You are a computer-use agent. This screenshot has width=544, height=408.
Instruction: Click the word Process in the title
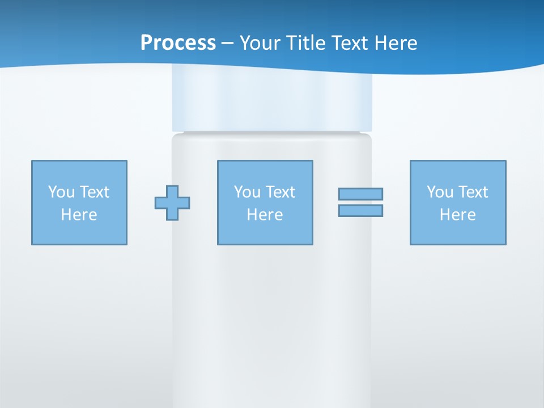[x=178, y=43]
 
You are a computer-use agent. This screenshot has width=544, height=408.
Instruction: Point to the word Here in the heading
[x=397, y=43]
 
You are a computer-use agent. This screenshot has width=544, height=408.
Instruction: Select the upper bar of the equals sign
[x=360, y=194]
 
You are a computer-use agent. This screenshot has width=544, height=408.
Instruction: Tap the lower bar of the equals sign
[x=360, y=210]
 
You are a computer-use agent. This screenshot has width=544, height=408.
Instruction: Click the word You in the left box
[x=61, y=192]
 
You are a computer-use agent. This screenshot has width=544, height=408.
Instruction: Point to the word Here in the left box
[x=79, y=215]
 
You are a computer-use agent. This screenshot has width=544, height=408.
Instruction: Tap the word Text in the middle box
[x=280, y=192]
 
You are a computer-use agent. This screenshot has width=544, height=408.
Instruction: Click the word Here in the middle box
[x=265, y=215]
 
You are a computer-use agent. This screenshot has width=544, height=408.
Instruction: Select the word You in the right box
[x=440, y=192]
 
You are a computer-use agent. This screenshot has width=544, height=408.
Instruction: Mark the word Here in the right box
[x=458, y=215]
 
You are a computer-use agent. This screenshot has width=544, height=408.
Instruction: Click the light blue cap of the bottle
[x=272, y=102]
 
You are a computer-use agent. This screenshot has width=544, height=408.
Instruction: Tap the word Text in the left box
[x=95, y=192]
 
